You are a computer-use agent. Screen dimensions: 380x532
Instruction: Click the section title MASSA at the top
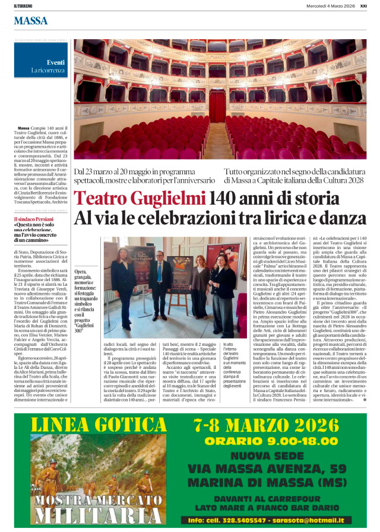pos(30,21)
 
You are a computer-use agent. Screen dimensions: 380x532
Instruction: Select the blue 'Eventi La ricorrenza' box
pos(42,66)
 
